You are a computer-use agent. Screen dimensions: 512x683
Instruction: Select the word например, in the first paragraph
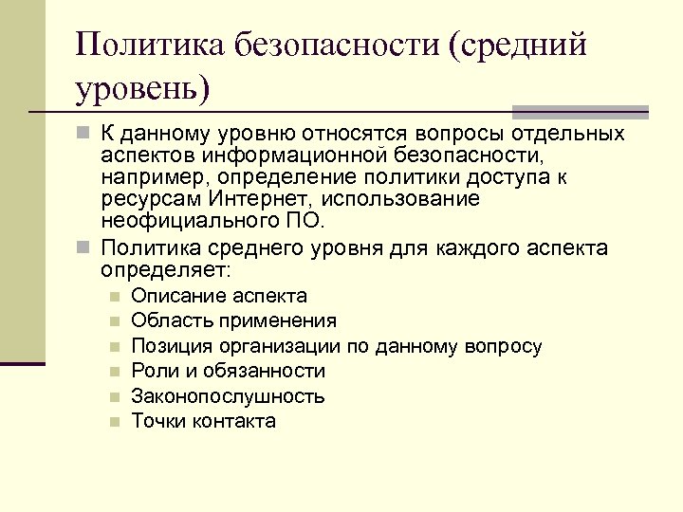[154, 178]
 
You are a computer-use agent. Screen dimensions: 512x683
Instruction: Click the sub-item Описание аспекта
[219, 296]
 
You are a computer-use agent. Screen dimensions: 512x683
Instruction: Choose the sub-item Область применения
[233, 320]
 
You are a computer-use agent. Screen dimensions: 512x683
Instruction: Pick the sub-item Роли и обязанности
[228, 371]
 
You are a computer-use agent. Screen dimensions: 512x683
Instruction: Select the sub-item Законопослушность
[228, 396]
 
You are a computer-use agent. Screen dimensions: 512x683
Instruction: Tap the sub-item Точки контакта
[204, 421]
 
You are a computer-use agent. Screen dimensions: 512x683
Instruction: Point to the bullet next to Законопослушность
[114, 396]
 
